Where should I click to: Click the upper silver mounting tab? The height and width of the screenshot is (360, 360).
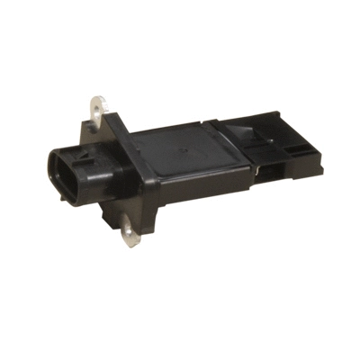(x=98, y=114)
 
